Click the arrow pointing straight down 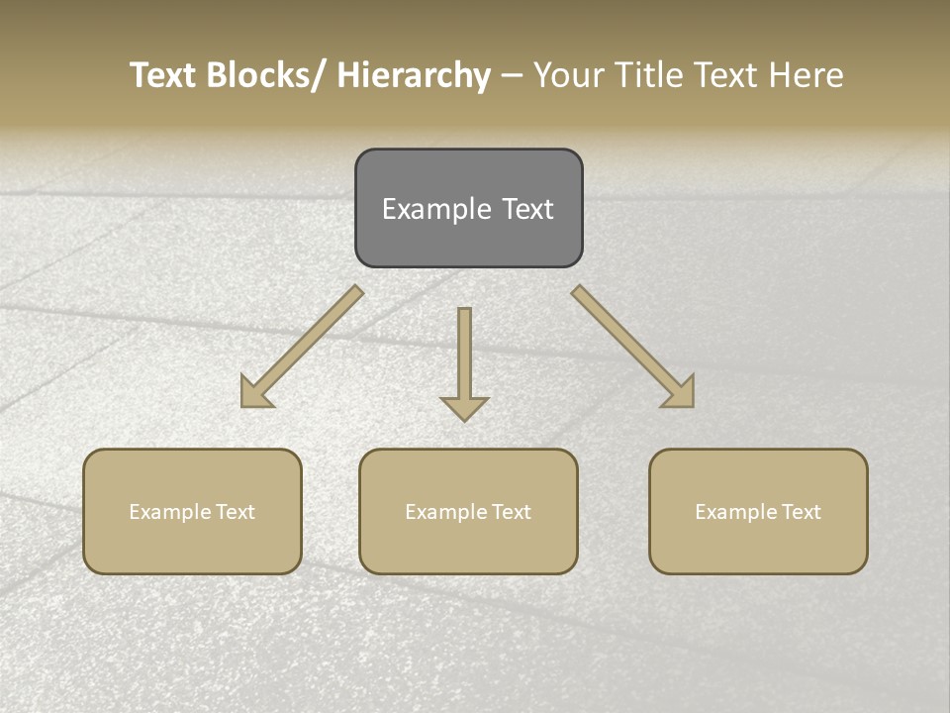464,361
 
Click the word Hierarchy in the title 414,75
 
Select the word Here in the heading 808,75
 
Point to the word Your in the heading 566,75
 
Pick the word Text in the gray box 526,209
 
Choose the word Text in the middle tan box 510,512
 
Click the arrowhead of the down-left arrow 254,393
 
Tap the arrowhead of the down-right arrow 681,393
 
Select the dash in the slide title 512,76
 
